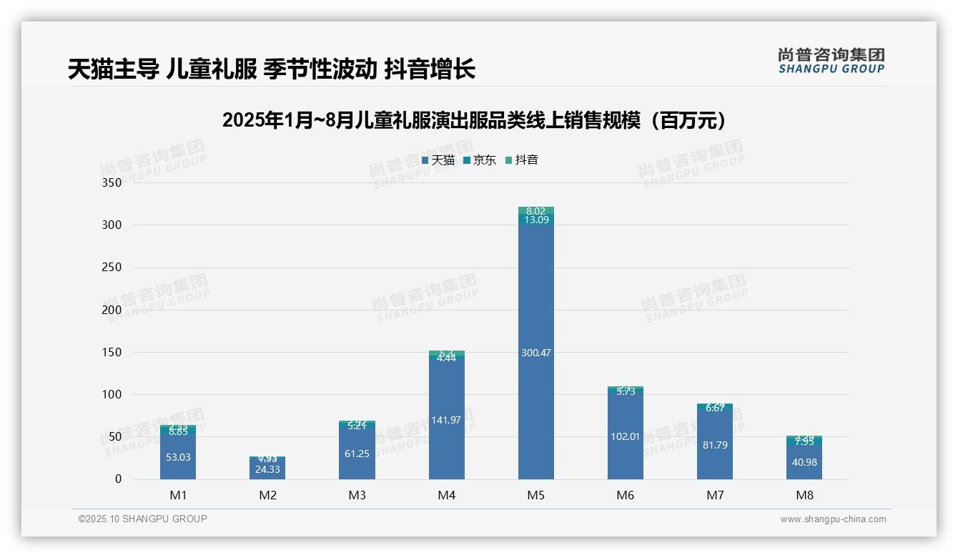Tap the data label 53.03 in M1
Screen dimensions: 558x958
pos(178,457)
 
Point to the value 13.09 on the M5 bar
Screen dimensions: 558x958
pos(535,220)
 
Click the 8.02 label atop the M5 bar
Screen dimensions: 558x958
pos(535,211)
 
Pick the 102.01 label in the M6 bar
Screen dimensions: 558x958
pos(625,436)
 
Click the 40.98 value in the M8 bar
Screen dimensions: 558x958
pos(804,462)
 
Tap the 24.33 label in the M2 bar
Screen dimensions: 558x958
pos(267,469)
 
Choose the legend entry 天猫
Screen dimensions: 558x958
pos(438,160)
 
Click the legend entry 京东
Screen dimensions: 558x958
pos(480,160)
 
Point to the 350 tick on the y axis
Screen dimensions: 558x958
pos(112,183)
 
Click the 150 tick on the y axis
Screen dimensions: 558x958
pos(112,353)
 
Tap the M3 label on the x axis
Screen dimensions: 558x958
pos(357,495)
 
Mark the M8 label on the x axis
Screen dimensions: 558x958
pos(804,495)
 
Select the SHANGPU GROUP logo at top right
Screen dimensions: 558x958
pos(831,60)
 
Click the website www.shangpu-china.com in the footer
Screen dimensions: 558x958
pos(833,519)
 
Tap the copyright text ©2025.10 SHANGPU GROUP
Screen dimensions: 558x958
pos(143,519)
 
